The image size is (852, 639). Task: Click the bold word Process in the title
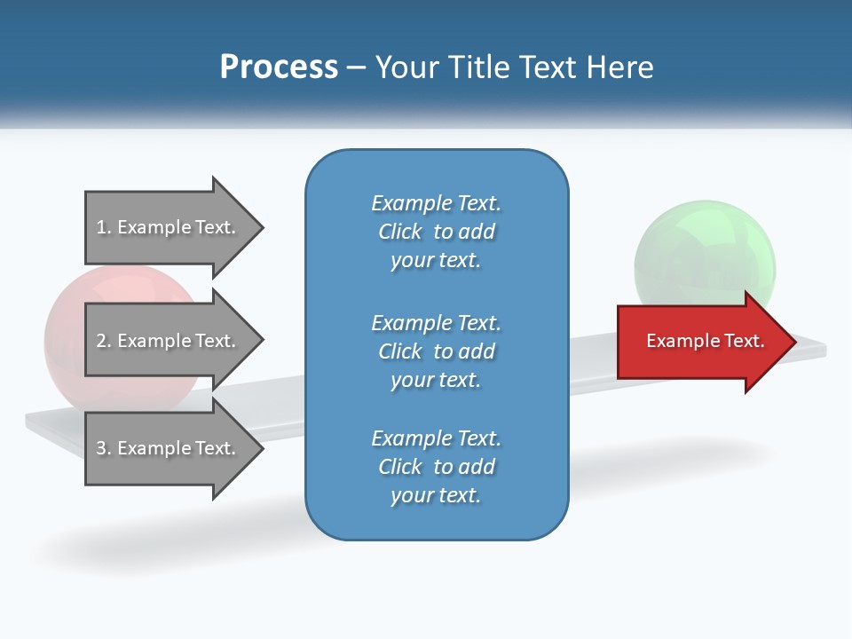point(279,67)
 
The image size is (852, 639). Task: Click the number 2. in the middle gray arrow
point(104,341)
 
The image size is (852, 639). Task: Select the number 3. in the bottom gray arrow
point(104,448)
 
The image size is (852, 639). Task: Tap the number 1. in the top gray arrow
point(104,227)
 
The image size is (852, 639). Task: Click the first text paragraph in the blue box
point(436,232)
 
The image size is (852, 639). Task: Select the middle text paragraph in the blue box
point(436,351)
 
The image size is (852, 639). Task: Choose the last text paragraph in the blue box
point(436,467)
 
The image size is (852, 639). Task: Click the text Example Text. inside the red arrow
point(705,341)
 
